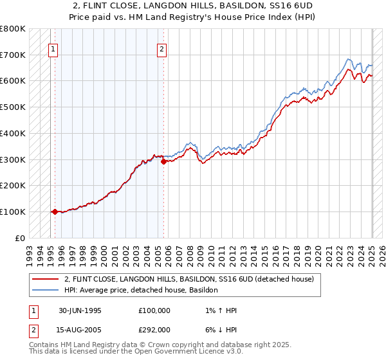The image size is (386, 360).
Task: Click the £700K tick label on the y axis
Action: pyautogui.click(x=13, y=55)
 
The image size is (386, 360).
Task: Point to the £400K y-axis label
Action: pyautogui.click(x=13, y=133)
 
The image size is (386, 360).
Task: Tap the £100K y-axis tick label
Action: pyautogui.click(x=13, y=212)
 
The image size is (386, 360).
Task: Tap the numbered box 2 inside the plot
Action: pyautogui.click(x=162, y=48)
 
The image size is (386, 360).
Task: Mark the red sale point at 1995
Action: pyautogui.click(x=55, y=212)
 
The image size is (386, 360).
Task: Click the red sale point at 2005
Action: pyautogui.click(x=163, y=161)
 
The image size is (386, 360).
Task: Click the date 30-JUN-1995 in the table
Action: pyautogui.click(x=80, y=310)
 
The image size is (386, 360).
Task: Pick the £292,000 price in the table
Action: pyautogui.click(x=154, y=330)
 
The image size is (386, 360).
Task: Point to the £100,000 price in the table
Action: pyautogui.click(x=154, y=310)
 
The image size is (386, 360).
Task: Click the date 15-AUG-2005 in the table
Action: pyautogui.click(x=80, y=330)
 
